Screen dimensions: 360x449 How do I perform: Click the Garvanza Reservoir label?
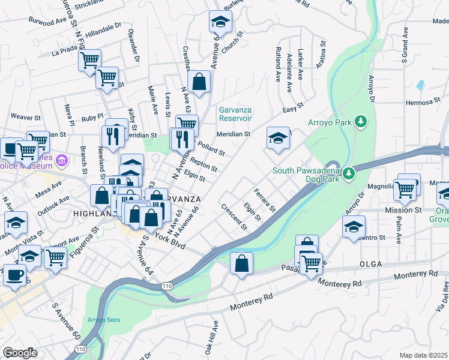pyautogui.click(x=235, y=114)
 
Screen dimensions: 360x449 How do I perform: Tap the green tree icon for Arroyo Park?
pyautogui.click(x=361, y=122)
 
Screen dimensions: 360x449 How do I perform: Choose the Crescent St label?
pyautogui.click(x=234, y=218)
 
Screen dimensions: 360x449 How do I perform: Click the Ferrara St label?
pyautogui.click(x=264, y=200)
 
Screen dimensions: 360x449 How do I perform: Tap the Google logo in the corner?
pyautogui.click(x=20, y=353)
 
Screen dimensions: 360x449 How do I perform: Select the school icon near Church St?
pyautogui.click(x=220, y=23)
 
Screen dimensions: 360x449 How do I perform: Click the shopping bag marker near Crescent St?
pyautogui.click(x=241, y=264)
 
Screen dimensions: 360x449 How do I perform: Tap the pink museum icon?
pyautogui.click(x=61, y=160)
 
